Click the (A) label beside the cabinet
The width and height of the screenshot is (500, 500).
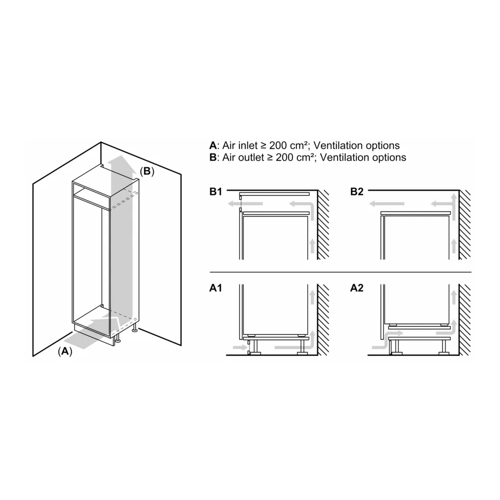tap(65, 351)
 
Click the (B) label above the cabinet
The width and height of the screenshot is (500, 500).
tap(146, 171)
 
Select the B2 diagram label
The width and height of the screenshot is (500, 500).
tap(357, 192)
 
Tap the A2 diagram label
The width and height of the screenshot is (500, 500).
tap(357, 288)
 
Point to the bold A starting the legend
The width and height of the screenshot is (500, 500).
tap(212, 146)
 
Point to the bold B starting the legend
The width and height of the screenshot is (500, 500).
tap(212, 157)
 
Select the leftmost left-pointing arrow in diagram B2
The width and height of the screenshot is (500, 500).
tap(387, 203)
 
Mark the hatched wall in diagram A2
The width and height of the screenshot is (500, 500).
tap(464, 320)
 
